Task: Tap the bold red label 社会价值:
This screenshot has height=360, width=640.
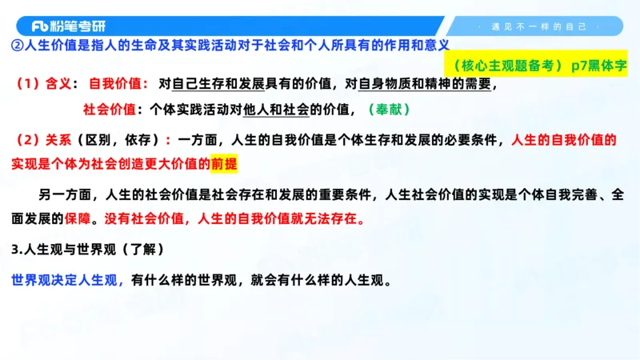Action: point(113,108)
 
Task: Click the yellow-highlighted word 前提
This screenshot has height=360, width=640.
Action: point(225,164)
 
